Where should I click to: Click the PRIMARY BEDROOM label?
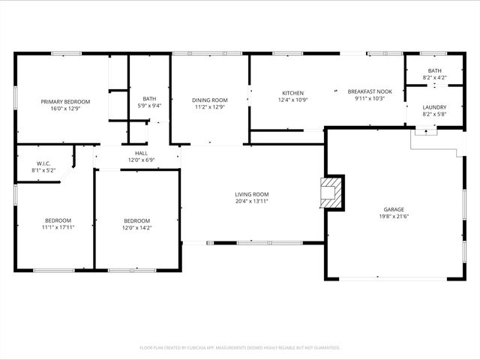click(65, 101)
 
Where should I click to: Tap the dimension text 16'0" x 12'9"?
click(65, 108)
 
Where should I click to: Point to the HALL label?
click(141, 153)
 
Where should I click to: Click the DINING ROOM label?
click(209, 100)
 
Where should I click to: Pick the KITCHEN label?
click(292, 93)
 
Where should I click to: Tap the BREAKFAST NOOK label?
click(369, 91)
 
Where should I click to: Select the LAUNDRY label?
click(434, 107)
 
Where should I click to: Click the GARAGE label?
click(394, 209)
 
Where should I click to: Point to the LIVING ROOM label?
click(251, 194)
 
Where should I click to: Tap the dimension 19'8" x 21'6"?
click(394, 216)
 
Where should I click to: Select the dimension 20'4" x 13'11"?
click(251, 201)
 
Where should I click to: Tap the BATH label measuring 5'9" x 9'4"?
click(149, 98)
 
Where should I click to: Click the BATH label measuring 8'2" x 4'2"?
click(434, 70)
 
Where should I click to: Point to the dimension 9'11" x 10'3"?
click(369, 98)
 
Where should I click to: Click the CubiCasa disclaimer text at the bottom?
click(240, 347)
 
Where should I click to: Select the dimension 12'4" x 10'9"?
click(292, 100)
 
